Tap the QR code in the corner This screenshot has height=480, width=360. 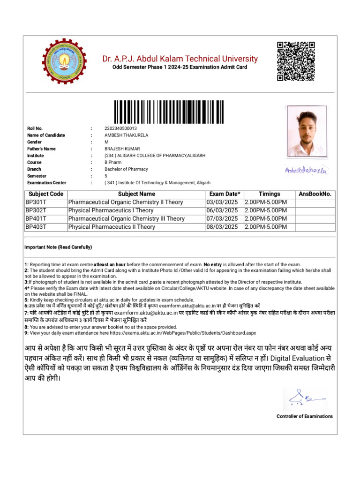coord(295,61)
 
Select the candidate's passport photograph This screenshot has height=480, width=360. coord(307,134)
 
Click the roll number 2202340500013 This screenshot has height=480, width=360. coord(120,128)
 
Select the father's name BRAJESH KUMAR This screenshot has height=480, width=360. coord(122,149)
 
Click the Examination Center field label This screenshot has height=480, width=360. coord(46,183)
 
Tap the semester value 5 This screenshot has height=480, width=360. coord(106,176)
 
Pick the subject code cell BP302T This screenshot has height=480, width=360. coord(36,210)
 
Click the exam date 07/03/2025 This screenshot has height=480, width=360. coord(222,218)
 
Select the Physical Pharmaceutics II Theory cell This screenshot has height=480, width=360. coord(112,227)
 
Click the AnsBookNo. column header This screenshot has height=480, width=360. coord(315,194)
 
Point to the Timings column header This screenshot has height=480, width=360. coord(269,194)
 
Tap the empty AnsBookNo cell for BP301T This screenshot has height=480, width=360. coord(315,202)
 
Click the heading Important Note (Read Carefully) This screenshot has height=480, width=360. coord(58,247)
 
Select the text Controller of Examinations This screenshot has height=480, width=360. coord(304,416)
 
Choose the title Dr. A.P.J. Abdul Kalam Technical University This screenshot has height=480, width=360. coord(180,59)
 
